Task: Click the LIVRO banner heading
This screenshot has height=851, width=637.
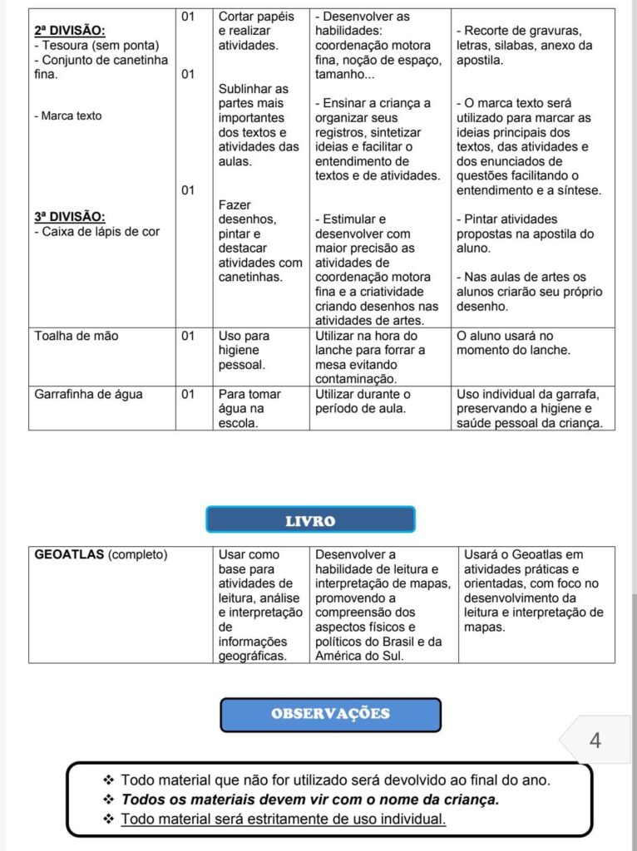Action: tap(310, 521)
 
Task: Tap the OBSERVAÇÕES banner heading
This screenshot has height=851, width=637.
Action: tap(330, 714)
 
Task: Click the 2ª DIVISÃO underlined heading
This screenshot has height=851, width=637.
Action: tap(70, 31)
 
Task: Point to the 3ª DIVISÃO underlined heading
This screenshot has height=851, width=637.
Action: tap(70, 217)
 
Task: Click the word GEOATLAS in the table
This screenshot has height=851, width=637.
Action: tap(70, 555)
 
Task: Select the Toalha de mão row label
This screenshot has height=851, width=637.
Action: tap(77, 336)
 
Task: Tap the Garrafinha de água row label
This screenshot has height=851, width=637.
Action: tap(88, 394)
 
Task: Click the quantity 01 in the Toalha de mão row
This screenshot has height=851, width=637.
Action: tap(188, 336)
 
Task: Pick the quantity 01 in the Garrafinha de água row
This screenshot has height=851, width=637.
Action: tap(188, 394)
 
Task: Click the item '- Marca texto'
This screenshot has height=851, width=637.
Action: tap(68, 116)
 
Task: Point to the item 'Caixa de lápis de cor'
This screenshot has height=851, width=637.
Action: tap(100, 232)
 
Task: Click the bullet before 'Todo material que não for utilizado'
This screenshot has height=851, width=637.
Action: tap(108, 780)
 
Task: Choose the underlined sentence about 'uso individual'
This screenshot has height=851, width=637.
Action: tap(283, 819)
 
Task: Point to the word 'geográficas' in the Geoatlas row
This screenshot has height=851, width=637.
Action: tap(253, 656)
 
